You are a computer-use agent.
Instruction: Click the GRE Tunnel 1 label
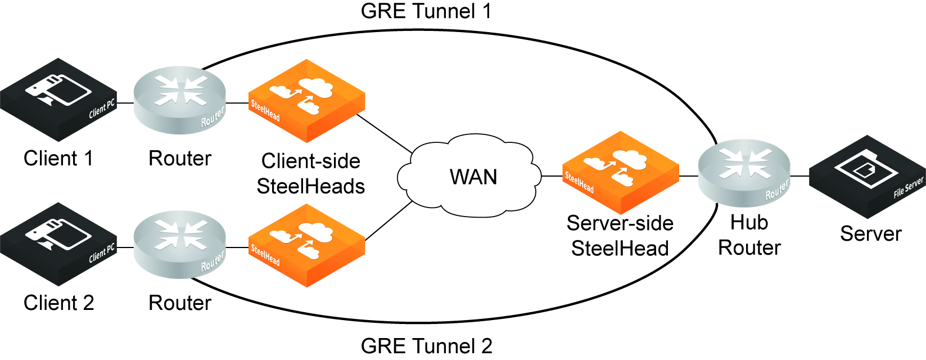pos(426,11)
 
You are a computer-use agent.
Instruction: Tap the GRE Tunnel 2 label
pos(426,345)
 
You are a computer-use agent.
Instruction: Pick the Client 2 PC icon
pos(58,244)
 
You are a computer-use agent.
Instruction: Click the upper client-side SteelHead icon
pos(306,101)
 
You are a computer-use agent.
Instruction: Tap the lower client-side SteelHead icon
pos(306,245)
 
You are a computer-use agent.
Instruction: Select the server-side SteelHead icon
pos(621,172)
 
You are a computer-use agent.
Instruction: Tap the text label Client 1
pos(58,159)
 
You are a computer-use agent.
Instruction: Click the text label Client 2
pos(58,303)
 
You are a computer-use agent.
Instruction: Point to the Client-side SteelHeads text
pos(311,174)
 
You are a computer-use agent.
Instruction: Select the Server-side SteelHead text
pos(620,236)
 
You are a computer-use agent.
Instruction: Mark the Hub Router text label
pos(749,235)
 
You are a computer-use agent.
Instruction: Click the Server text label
pos(871,233)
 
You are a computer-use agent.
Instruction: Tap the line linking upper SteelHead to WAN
pos(385,134)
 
